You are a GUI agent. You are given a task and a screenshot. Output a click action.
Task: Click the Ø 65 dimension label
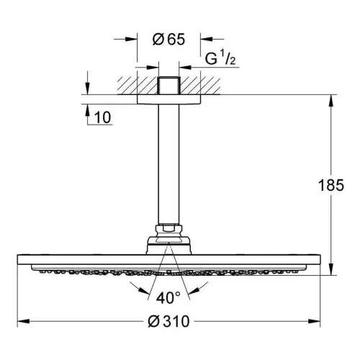pos(168,39)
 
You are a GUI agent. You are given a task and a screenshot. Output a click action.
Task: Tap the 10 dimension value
pos(103,117)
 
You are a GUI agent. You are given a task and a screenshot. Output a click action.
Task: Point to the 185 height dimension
pos(331,185)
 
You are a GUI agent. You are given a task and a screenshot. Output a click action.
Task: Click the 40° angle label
pos(168,297)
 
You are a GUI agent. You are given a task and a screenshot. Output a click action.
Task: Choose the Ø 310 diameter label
pos(168,321)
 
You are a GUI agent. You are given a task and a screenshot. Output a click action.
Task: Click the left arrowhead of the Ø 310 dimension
pos(24,321)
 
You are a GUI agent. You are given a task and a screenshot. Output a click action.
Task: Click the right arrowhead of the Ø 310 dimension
pos(314,321)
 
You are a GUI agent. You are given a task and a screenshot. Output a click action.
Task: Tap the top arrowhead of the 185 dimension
pos(331,101)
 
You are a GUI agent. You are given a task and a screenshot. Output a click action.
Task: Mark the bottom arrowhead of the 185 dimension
pos(331,269)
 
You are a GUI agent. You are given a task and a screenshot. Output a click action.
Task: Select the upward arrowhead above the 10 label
pos(88,110)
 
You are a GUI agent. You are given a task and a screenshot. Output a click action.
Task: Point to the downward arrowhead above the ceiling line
pos(88,89)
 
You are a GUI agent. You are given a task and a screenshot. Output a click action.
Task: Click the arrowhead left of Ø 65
pos(131,39)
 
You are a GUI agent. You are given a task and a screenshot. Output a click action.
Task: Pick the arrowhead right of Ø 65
pos(207,39)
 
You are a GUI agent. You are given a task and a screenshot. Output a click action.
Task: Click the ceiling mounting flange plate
pos(168,99)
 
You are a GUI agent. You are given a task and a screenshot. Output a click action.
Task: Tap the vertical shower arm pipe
pos(168,164)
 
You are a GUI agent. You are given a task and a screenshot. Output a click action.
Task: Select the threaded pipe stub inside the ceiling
pos(168,86)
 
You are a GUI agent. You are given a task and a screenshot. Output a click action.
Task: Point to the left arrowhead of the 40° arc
pos(143,291)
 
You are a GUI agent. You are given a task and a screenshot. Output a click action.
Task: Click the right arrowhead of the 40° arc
pos(194,291)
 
